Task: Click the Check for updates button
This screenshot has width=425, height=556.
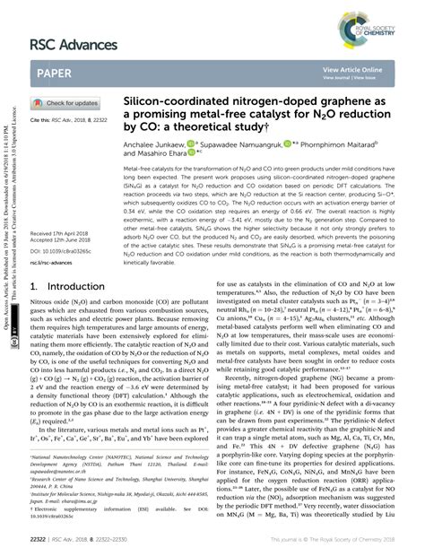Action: coord(67,104)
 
